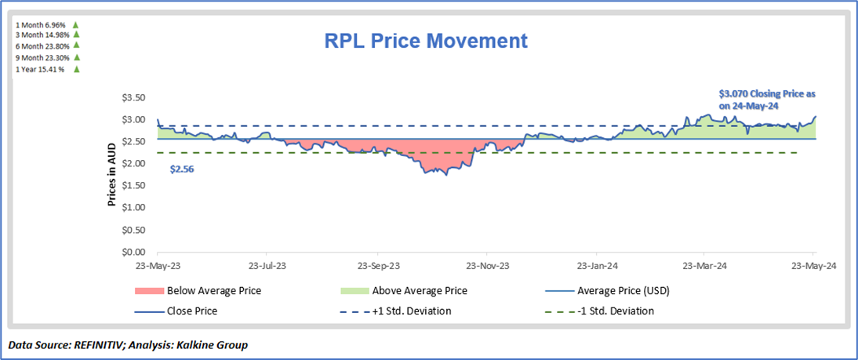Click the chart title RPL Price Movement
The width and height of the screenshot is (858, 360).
pos(427,41)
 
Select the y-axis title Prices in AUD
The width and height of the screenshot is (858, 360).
pos(112,175)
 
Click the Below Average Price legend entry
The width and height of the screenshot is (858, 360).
pos(213,291)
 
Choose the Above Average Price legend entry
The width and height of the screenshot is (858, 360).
pos(420,291)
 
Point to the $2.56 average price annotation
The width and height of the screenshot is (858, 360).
pos(182,168)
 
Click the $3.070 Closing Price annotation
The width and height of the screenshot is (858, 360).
pos(767,99)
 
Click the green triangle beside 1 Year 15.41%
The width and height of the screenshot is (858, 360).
pos(77,69)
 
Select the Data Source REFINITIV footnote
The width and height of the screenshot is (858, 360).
pos(129,344)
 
